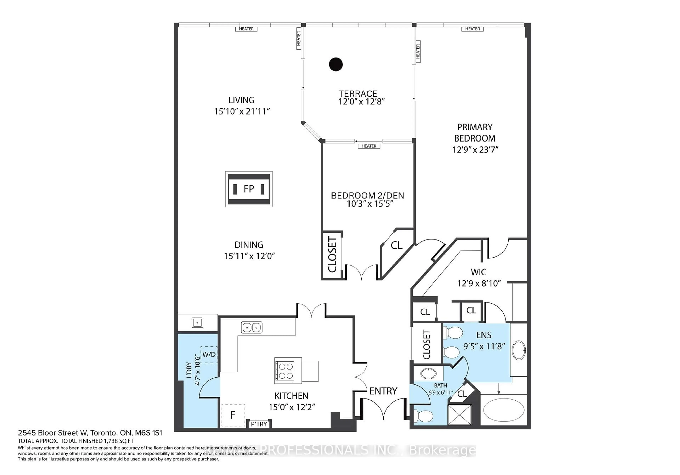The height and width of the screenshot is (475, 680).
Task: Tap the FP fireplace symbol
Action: [x=249, y=189]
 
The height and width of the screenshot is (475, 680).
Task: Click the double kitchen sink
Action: [x=251, y=327]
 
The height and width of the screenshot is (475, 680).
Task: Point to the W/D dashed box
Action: [x=209, y=354]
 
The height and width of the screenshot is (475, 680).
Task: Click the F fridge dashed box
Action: [x=233, y=415]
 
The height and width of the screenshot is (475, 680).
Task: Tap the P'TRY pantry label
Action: [x=259, y=424]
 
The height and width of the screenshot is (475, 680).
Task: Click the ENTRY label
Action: [x=383, y=391]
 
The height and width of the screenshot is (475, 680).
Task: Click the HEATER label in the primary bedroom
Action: [x=472, y=29]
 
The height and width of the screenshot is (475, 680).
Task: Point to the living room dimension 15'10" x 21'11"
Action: [x=242, y=111]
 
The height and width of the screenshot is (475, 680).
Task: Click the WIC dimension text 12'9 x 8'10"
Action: [x=479, y=283]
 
